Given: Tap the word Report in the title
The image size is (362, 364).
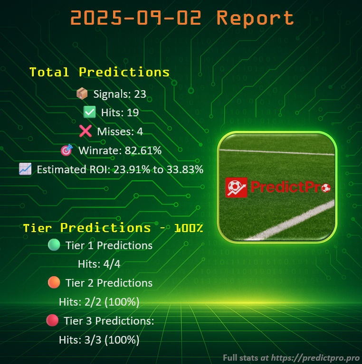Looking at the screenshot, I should click(255, 18).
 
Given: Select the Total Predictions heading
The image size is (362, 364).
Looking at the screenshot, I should click(99, 72).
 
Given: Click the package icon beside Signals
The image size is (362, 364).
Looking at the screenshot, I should click(82, 94).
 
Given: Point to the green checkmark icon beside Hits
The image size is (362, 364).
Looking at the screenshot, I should click(89, 112).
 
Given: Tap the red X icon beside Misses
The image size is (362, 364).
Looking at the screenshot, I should click(85, 131).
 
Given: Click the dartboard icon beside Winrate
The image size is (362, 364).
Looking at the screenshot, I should click(66, 150).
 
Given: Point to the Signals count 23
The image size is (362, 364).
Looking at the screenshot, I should click(140, 94).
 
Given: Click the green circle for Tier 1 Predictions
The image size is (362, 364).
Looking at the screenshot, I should click(54, 245).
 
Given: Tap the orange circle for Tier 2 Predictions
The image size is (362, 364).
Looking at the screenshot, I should click(54, 283).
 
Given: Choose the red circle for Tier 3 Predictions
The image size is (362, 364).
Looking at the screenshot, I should click(52, 321).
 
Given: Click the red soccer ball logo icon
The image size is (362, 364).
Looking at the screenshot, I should click(237, 187).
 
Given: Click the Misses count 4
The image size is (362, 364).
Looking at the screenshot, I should click(140, 131).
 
